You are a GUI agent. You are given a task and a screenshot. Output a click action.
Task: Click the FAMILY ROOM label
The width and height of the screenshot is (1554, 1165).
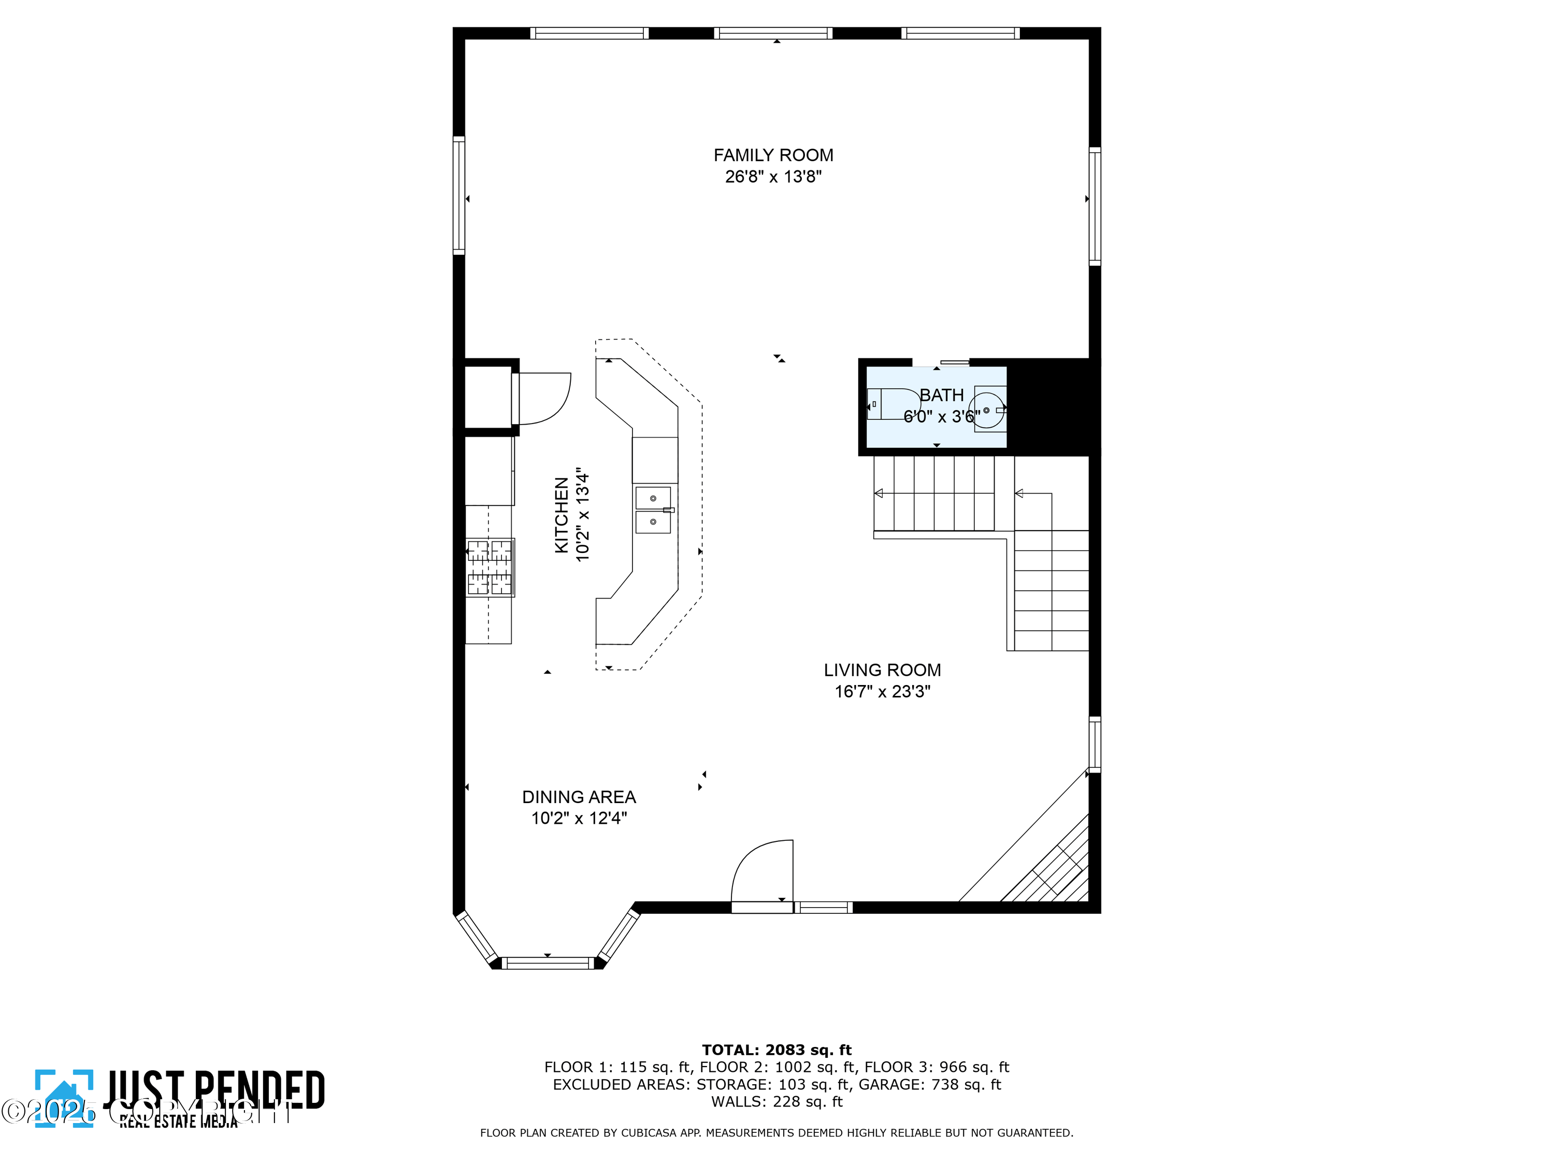[x=773, y=155]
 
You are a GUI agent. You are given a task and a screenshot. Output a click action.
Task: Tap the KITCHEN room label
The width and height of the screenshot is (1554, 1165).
[x=562, y=515]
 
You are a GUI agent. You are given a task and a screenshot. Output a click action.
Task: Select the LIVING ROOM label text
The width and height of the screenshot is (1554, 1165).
[x=882, y=670]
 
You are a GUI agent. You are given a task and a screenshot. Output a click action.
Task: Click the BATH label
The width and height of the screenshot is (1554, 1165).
[x=941, y=396]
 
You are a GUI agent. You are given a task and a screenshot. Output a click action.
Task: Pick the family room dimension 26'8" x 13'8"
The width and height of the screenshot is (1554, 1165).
[x=773, y=176]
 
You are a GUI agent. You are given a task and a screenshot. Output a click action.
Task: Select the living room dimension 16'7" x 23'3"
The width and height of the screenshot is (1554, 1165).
[x=882, y=692]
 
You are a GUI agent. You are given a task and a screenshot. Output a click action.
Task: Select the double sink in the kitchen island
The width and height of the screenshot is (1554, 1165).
[x=653, y=511]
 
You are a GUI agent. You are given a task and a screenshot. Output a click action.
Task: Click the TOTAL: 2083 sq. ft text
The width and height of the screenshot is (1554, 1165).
[x=776, y=1050]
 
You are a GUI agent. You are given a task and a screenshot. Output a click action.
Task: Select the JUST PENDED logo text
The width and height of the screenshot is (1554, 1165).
[x=214, y=1090]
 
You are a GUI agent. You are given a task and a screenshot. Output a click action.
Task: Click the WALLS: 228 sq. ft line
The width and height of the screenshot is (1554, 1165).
[x=776, y=1102]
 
